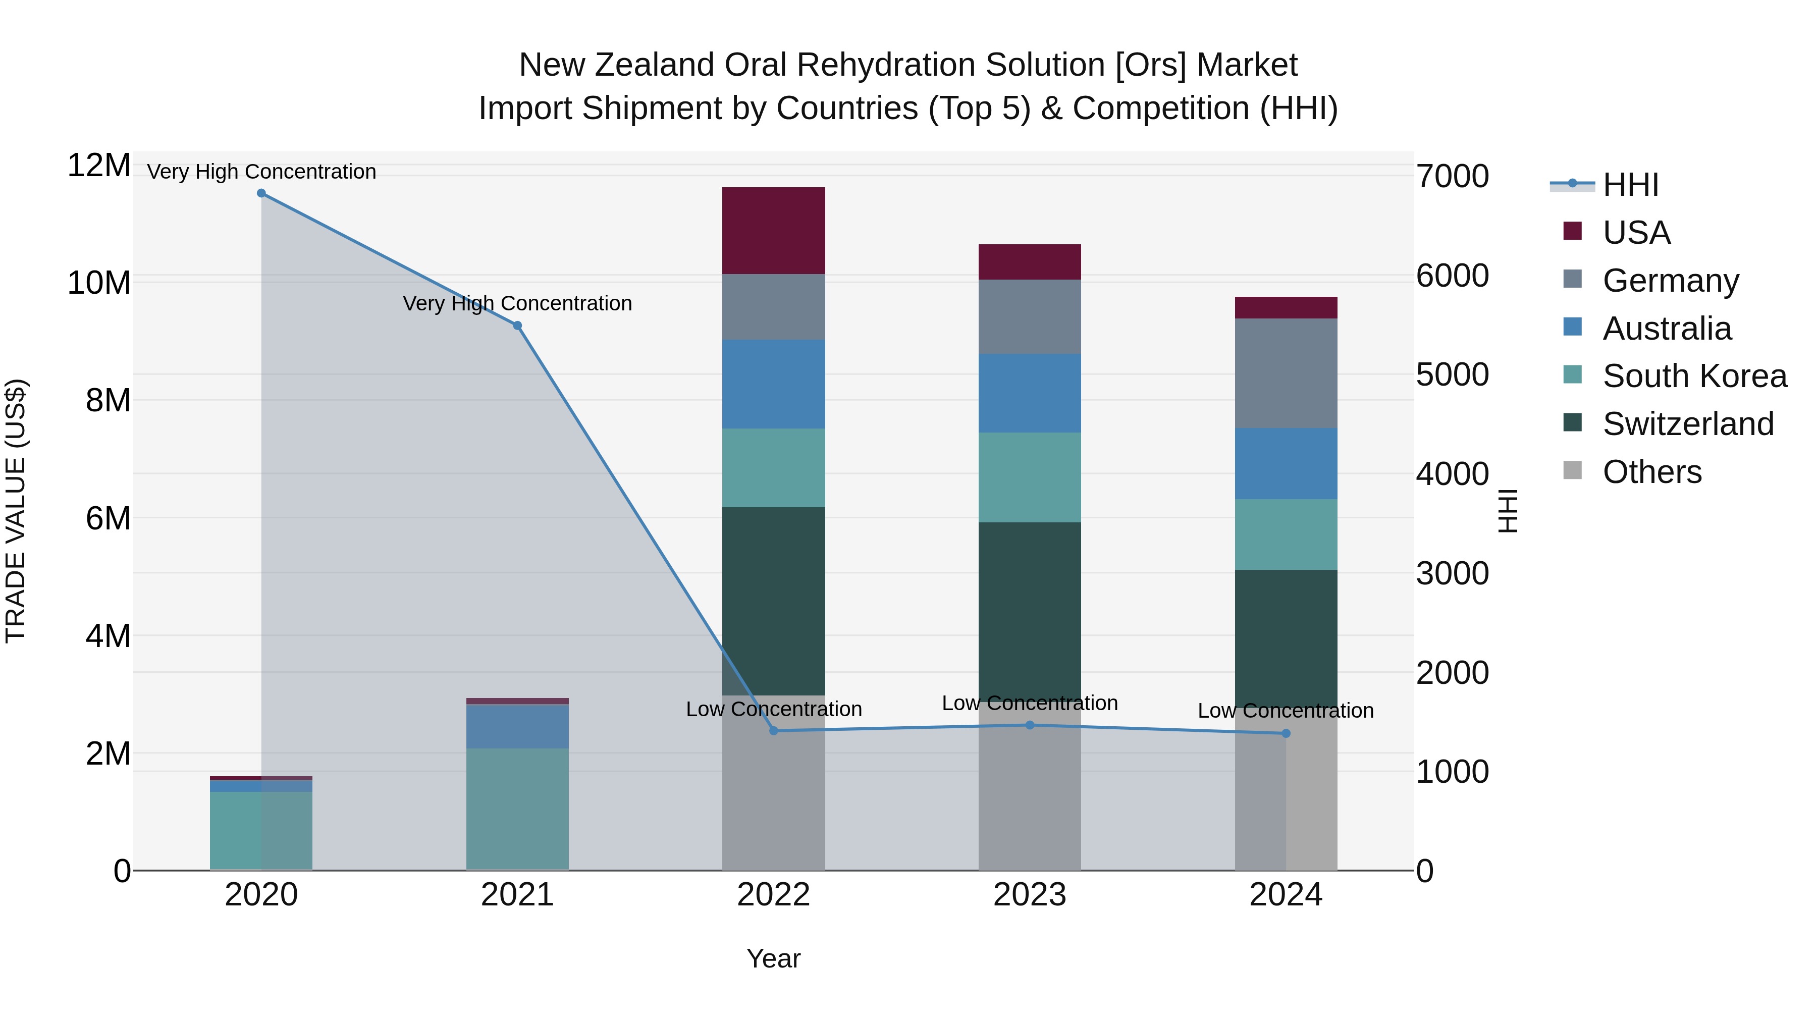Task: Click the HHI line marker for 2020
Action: (261, 193)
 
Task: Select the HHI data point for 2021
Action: (517, 326)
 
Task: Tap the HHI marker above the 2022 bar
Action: (773, 731)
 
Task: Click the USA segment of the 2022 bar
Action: (773, 231)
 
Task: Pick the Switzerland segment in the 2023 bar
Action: (1029, 610)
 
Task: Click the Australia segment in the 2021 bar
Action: (517, 726)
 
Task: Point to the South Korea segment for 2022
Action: (773, 468)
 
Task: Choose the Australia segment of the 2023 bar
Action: (1029, 393)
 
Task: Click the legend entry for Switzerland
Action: (1687, 424)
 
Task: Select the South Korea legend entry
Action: (1694, 376)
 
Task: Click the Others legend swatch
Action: (1572, 470)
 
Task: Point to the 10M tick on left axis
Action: (99, 283)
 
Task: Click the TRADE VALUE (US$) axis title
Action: (16, 511)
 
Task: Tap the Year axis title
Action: (773, 958)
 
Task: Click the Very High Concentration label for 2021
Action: (517, 303)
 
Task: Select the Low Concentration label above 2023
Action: (1029, 703)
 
